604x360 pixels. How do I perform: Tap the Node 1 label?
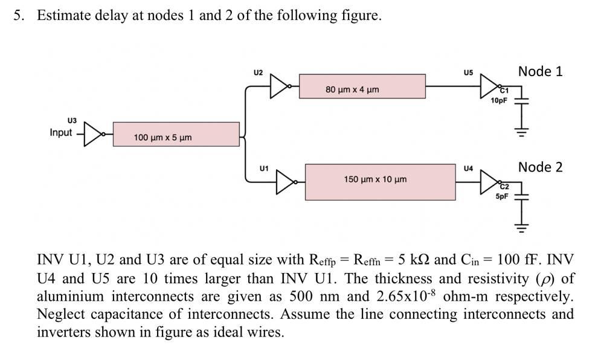click(540, 71)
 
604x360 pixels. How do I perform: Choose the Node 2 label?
click(540, 167)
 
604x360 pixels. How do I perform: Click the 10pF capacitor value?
click(499, 101)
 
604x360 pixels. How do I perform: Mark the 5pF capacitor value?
click(502, 196)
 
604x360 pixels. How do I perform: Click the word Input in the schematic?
click(60, 132)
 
